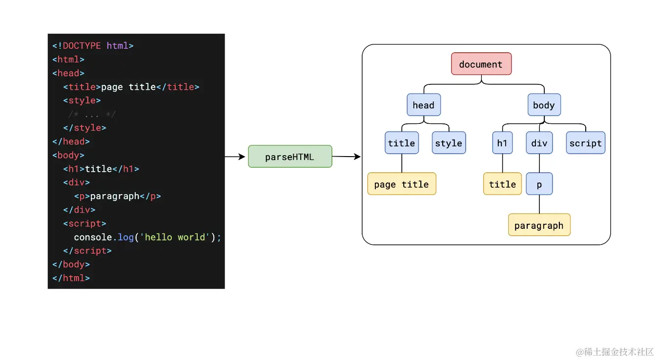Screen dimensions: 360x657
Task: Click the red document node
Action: (481, 64)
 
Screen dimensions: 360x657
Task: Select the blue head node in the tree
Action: (423, 105)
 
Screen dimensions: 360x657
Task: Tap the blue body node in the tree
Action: (544, 105)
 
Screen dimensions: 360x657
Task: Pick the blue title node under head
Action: (401, 143)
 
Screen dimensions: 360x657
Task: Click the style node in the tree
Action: (449, 143)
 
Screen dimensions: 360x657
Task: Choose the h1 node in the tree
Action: (502, 143)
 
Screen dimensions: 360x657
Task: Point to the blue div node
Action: (539, 143)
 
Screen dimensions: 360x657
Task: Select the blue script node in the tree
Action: (585, 143)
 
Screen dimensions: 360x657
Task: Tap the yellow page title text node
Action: (401, 184)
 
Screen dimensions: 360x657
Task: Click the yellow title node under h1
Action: (502, 184)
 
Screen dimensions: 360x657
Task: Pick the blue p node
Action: (539, 184)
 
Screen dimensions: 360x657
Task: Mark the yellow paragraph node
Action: (539, 225)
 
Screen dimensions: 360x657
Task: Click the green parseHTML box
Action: (290, 157)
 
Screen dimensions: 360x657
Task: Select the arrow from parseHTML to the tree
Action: (347, 157)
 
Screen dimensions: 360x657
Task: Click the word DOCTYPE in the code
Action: (82, 46)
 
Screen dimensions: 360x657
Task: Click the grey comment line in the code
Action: (92, 115)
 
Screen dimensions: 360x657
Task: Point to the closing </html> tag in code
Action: (71, 278)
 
